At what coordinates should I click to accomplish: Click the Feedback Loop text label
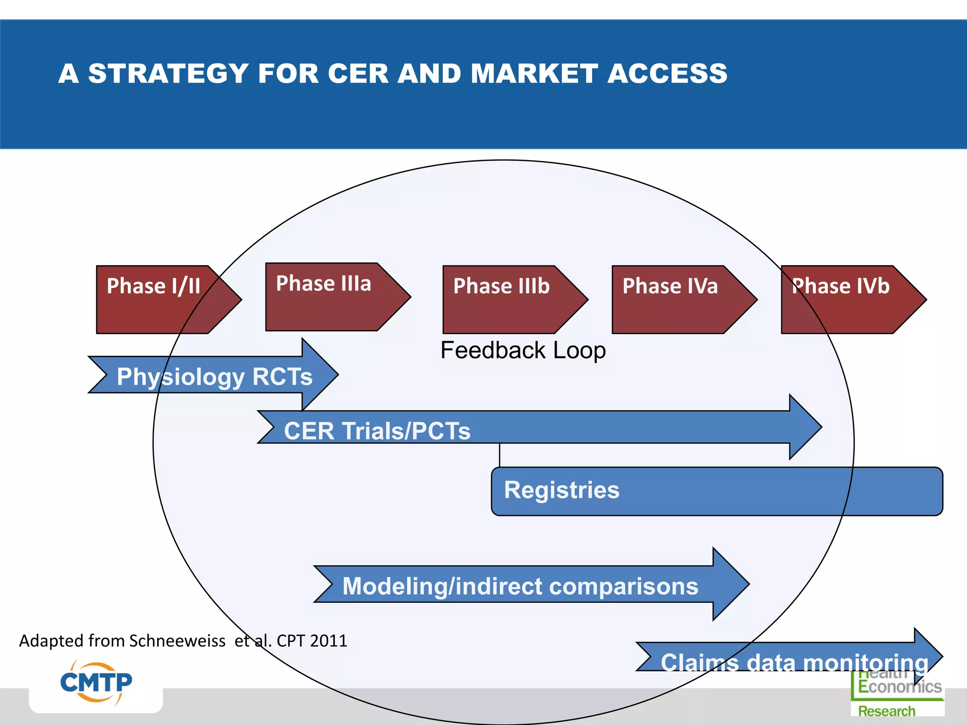523,350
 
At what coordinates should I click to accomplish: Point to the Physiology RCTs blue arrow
213,376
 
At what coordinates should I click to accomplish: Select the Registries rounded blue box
717,491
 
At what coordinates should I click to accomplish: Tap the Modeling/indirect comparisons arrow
519,585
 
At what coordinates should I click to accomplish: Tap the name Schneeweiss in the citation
177,641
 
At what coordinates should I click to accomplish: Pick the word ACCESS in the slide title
667,74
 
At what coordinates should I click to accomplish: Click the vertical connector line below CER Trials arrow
500,455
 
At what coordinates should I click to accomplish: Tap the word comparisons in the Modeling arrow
623,586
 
